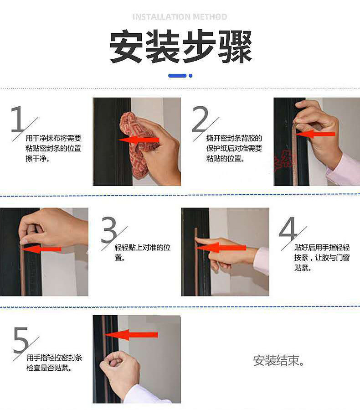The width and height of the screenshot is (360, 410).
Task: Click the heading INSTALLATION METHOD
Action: click(180, 17)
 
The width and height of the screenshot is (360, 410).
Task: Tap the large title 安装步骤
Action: click(180, 47)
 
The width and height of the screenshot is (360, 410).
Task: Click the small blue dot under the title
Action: click(190, 76)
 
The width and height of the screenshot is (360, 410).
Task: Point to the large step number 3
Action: click(109, 229)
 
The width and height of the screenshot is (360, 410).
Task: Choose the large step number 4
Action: click(288, 228)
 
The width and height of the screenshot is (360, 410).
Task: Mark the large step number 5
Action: click(21, 339)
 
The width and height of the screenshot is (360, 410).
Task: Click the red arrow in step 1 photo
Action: click(139, 140)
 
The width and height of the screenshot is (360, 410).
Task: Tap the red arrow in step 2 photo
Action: click(315, 134)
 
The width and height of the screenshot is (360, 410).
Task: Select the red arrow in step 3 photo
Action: click(41, 249)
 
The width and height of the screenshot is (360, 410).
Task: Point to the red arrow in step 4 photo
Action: click(221, 247)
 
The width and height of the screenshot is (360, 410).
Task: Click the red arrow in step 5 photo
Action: click(131, 335)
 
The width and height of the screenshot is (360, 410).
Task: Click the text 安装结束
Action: click(278, 360)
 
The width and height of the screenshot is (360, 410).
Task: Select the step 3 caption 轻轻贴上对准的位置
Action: click(142, 252)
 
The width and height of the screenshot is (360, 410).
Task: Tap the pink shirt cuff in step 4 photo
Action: click(262, 261)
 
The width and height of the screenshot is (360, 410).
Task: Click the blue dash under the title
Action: click(177, 76)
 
